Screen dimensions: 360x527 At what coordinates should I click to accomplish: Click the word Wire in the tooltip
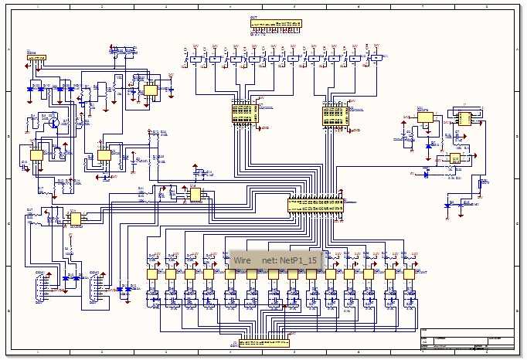click(243, 261)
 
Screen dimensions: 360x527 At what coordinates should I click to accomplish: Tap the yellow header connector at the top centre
click(274, 24)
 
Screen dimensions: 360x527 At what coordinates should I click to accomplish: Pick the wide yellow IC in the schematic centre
click(316, 205)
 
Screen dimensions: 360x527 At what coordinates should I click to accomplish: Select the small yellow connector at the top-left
click(36, 57)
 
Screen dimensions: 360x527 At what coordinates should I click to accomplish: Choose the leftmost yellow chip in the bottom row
click(152, 273)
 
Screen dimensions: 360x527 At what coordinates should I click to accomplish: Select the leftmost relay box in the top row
click(195, 59)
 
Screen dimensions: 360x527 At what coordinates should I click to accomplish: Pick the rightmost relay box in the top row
click(376, 59)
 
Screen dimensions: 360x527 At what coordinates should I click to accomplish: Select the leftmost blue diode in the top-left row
click(31, 89)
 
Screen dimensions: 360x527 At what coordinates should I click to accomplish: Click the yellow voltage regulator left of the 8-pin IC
click(425, 117)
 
